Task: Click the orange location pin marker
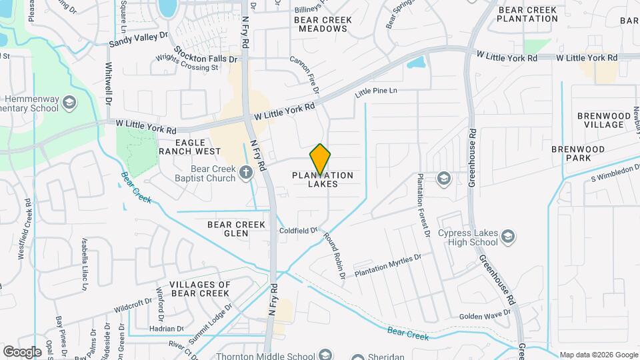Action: point(321,158)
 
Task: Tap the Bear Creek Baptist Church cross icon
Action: point(246,173)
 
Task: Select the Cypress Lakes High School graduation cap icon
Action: point(509,237)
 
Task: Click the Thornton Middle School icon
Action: point(325,355)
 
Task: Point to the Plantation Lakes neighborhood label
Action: point(323,179)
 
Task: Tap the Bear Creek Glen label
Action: point(227,229)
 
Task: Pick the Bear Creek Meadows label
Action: point(323,25)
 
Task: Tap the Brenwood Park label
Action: point(578,153)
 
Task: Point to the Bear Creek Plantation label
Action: point(527,13)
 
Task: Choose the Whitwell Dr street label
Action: point(107,83)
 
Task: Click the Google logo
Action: point(22,351)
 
